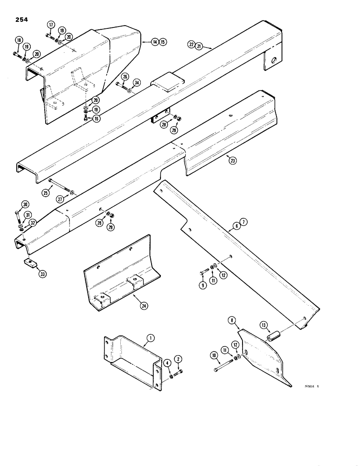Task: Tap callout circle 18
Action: (x=18, y=41)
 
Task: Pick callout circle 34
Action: (x=136, y=82)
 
